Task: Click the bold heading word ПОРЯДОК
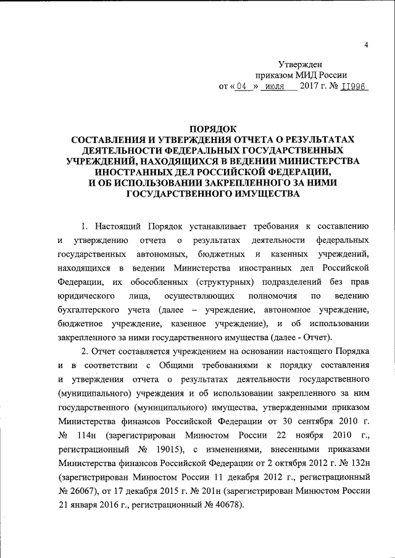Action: pyautogui.click(x=212, y=128)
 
